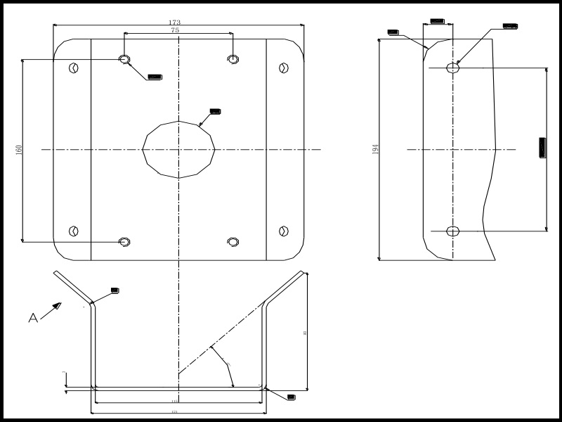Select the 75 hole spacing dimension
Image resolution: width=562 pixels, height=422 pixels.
point(174,31)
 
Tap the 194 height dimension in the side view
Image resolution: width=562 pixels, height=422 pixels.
point(376,149)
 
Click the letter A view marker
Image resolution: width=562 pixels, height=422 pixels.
point(32,319)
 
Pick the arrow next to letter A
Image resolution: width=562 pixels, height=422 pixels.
point(52,310)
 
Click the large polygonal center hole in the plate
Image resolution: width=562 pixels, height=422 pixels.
point(179,149)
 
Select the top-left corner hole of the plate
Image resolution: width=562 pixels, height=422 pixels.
point(73,68)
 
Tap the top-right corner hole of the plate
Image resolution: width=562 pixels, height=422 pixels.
point(284,68)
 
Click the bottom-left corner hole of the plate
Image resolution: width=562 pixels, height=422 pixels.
point(73,231)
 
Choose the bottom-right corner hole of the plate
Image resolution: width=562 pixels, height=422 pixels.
point(284,231)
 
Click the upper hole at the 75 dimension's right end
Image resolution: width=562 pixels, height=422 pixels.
point(233,59)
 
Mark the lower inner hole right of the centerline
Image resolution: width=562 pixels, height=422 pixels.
point(233,242)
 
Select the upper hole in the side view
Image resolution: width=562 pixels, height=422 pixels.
point(453,68)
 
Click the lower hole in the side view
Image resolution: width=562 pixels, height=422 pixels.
point(453,231)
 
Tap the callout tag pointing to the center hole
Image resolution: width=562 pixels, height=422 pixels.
point(216,111)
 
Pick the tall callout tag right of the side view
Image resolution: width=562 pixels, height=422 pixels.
point(542,148)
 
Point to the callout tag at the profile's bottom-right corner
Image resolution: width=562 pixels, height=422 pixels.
point(292,397)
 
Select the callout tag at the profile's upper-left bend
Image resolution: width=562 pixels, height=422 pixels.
point(115,290)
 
